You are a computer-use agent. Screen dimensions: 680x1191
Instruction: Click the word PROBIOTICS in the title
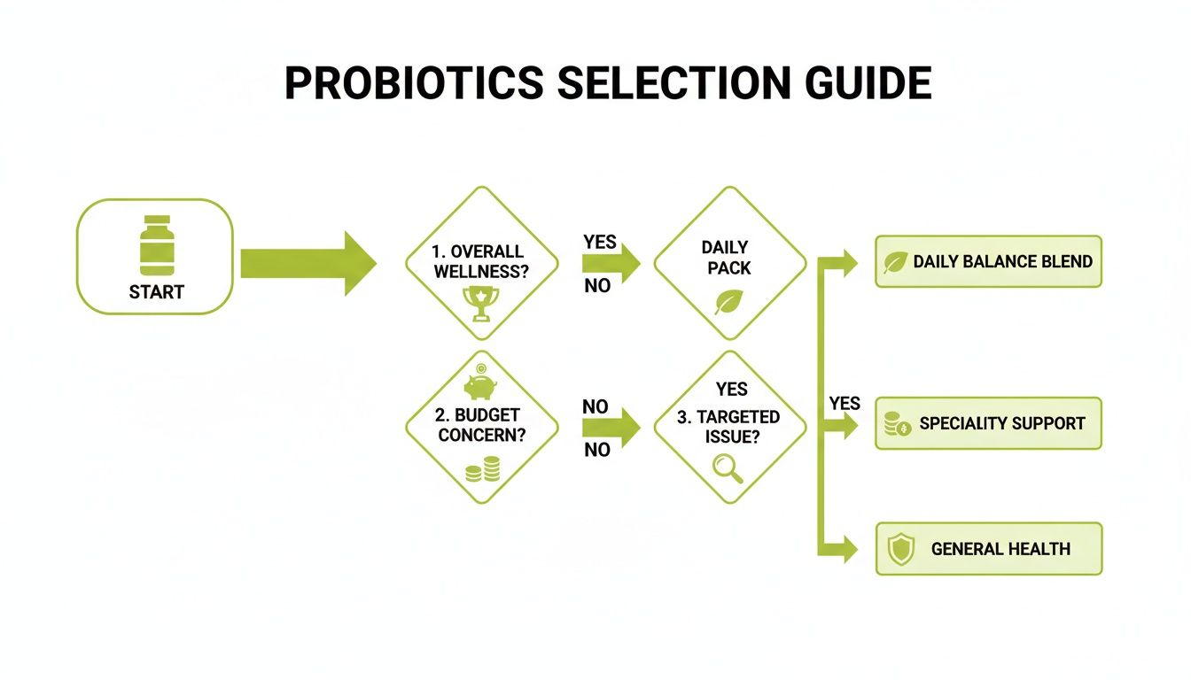[x=414, y=83]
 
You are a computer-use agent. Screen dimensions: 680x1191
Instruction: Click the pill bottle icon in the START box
[x=157, y=244]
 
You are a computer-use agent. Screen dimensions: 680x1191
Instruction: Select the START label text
[x=157, y=292]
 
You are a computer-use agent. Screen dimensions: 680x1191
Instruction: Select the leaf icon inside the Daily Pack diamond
[x=728, y=303]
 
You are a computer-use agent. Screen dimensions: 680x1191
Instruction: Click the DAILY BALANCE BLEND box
[x=988, y=261]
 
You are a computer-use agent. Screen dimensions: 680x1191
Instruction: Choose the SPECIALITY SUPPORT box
[x=988, y=423]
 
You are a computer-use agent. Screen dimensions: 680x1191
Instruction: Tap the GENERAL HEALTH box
[x=988, y=549]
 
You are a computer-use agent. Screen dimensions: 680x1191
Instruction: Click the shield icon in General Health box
[x=900, y=550]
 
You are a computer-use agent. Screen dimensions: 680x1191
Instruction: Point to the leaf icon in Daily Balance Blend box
[x=896, y=262]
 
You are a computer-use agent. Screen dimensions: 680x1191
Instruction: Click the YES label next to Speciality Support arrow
[x=845, y=404]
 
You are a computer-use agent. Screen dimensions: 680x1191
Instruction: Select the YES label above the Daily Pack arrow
[x=600, y=243]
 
